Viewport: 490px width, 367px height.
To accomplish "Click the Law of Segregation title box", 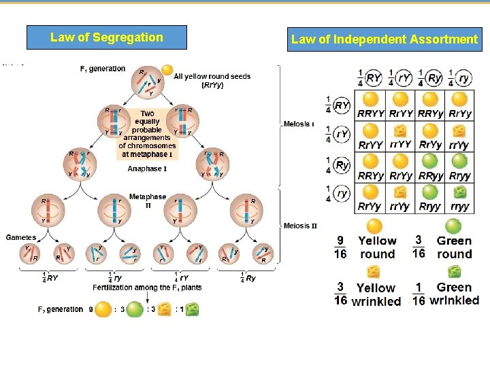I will (106, 37).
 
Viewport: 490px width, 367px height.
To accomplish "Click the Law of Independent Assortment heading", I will (384, 39).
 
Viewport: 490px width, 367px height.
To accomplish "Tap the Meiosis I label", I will (299, 124).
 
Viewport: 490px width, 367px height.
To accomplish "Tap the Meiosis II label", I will (300, 226).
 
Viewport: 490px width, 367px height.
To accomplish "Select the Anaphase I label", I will (147, 169).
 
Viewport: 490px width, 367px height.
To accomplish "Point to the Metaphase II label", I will (148, 200).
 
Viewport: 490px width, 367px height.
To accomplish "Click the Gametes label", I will (21, 237).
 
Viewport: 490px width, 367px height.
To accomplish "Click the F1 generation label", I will (103, 69).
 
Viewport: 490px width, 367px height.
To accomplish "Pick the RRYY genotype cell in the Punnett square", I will (371, 113).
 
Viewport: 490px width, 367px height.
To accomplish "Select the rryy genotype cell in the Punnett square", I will (461, 207).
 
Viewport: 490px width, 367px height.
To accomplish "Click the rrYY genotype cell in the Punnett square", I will (401, 144).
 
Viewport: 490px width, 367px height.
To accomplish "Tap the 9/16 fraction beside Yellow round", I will (340, 247).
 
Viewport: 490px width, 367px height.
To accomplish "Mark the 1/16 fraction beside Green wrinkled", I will (419, 294).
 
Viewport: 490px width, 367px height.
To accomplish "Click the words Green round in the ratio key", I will (454, 247).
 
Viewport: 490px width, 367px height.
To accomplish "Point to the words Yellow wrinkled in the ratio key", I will (376, 295).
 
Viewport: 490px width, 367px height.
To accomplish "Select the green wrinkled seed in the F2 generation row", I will (193, 310).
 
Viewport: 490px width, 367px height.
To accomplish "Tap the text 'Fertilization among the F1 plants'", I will (147, 287).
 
